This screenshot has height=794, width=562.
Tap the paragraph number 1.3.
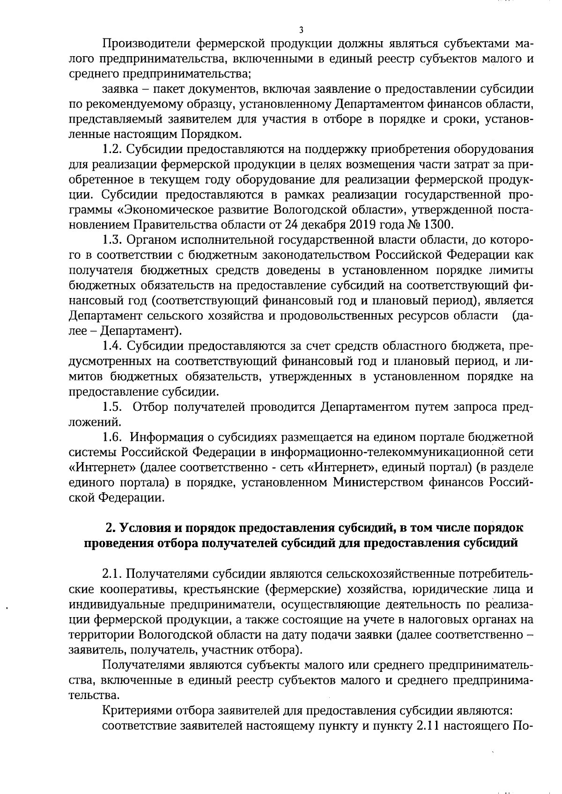click(x=112, y=240)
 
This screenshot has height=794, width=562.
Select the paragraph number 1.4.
click(x=112, y=346)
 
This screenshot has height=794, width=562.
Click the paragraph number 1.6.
click(x=112, y=437)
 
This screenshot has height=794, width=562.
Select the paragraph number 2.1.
click(x=112, y=574)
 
